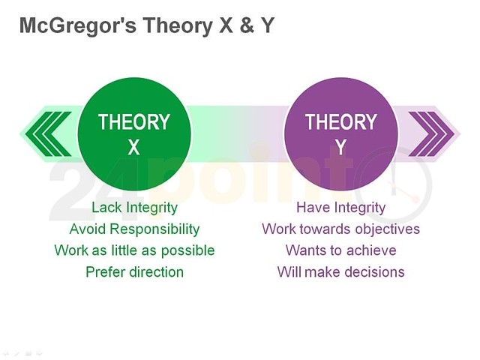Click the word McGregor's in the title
tap(64, 26)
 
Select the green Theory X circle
tap(134, 134)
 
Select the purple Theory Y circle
tap(340, 134)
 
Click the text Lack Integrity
tap(134, 208)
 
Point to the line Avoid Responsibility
tap(134, 229)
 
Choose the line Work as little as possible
tap(134, 250)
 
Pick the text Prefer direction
tap(134, 271)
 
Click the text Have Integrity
tap(340, 208)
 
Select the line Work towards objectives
tap(340, 229)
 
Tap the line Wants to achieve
tap(340, 250)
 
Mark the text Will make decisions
tap(340, 271)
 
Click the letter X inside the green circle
tap(133, 148)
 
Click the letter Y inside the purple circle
tap(340, 148)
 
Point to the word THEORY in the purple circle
tap(340, 122)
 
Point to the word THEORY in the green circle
tap(133, 122)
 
